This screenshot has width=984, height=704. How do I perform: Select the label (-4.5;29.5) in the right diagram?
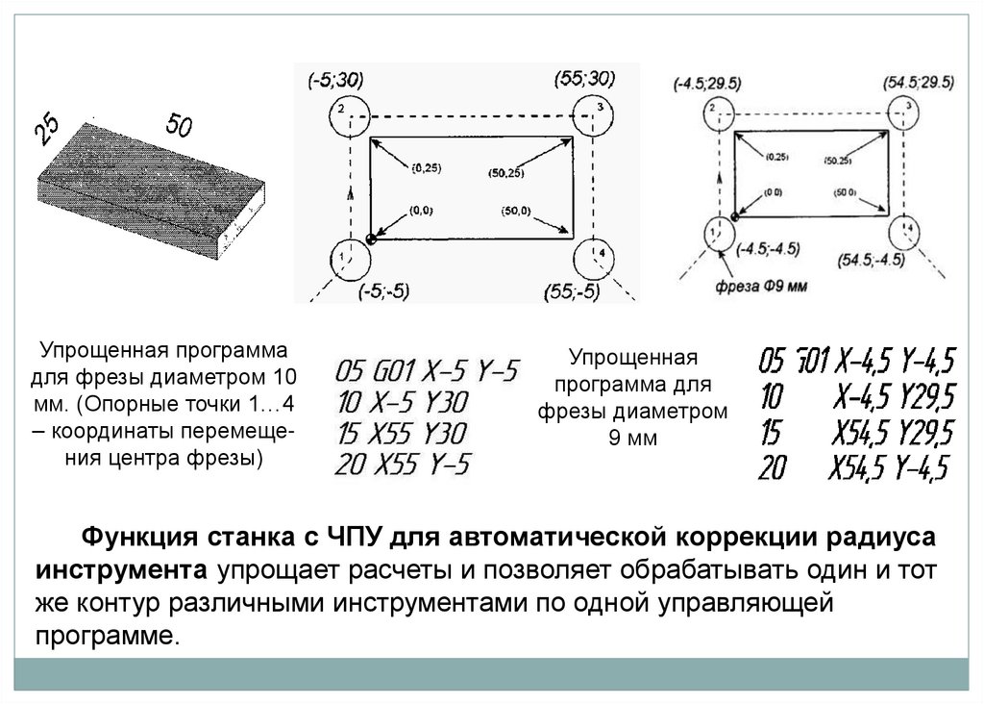pyautogui.click(x=710, y=84)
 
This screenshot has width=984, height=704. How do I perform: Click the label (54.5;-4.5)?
pyautogui.click(x=871, y=261)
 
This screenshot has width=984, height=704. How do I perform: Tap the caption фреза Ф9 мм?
pyautogui.click(x=761, y=286)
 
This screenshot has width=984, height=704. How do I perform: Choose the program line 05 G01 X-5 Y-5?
pyautogui.click(x=428, y=369)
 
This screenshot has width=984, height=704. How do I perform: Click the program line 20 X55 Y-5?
pyautogui.click(x=402, y=465)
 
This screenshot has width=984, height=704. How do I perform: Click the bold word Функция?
pyautogui.click(x=135, y=536)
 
